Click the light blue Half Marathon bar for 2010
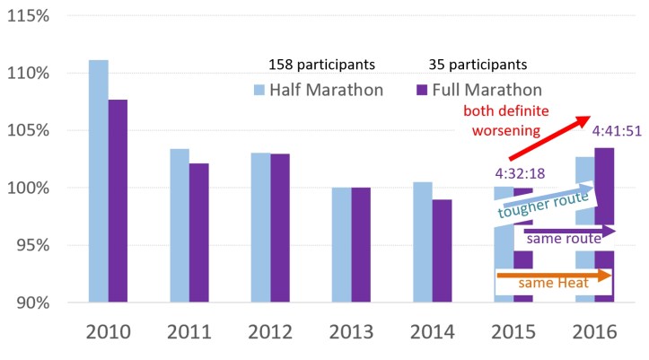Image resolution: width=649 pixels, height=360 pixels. point(99,180)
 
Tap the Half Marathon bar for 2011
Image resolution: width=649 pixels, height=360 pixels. point(180,224)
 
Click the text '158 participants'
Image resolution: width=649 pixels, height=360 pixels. point(321,65)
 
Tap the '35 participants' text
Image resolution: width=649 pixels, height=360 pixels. point(476,65)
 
